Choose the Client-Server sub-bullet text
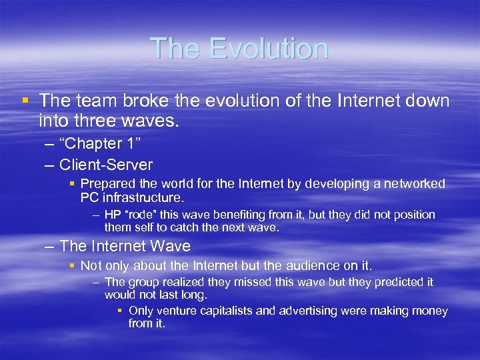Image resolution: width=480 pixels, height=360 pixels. click(x=106, y=164)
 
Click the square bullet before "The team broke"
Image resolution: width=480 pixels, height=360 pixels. click(x=25, y=101)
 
